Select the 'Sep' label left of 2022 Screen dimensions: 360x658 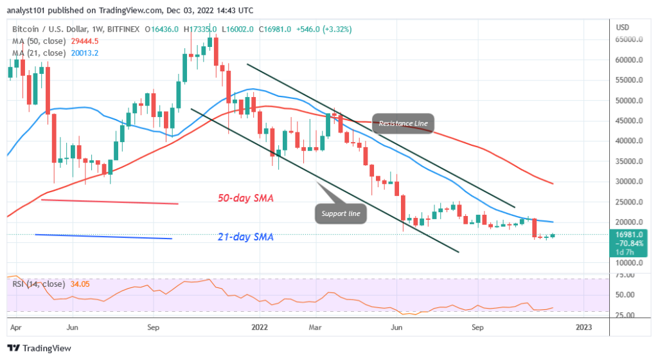[153, 327]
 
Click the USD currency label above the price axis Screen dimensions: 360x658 [622, 27]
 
